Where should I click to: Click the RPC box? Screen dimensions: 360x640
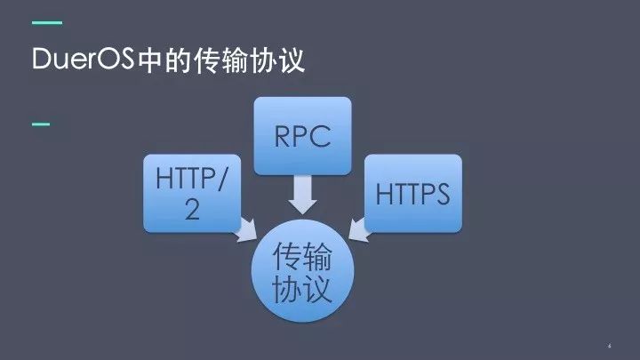tap(302, 135)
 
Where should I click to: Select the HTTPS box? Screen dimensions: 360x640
tap(413, 192)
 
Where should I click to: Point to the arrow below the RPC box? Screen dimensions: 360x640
tap(302, 194)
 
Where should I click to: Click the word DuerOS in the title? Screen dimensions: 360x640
tap(83, 60)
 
